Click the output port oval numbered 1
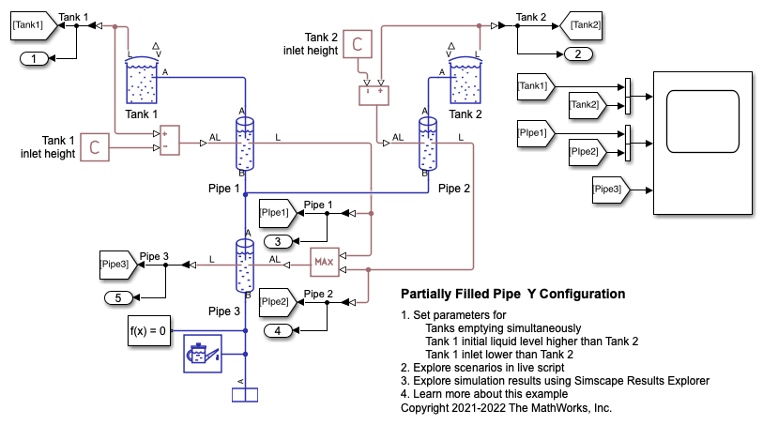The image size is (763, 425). [x=35, y=59]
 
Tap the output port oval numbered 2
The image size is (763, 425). [x=577, y=53]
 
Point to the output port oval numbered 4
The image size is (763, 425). [x=279, y=330]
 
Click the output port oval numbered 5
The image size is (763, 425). [x=119, y=298]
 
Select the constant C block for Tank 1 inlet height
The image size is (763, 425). [x=94, y=145]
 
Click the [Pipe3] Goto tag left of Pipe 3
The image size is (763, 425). [x=117, y=266]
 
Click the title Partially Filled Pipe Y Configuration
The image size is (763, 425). [x=512, y=294]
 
